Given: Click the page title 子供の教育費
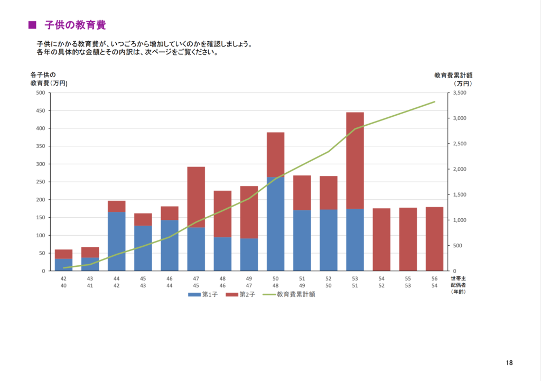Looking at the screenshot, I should [x=76, y=25].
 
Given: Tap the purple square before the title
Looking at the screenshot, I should [x=32, y=25].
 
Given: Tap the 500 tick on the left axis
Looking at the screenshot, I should [x=40, y=93].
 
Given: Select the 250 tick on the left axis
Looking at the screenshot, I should [x=40, y=182].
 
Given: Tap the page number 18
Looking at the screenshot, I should [x=509, y=363].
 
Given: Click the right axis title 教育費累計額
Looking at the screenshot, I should [x=453, y=75].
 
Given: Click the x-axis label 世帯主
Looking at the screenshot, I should [x=458, y=278].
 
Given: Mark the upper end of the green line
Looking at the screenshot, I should [x=434, y=101].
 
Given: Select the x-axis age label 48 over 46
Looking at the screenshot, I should [x=222, y=282].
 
